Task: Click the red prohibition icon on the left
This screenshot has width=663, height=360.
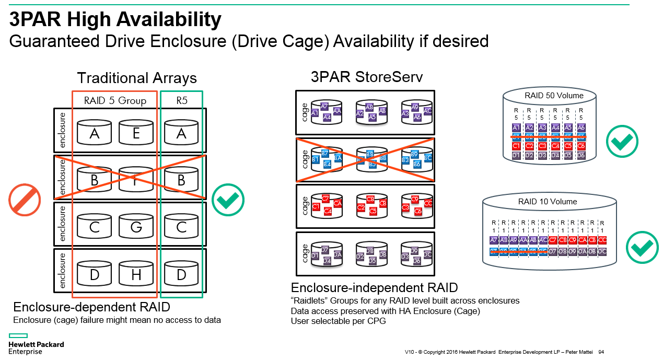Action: [25, 200]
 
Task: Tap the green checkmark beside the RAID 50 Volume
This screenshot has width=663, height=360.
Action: [622, 141]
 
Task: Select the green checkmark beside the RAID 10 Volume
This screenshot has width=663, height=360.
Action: [642, 247]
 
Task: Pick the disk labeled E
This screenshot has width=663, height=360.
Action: [136, 134]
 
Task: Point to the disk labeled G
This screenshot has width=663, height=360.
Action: [136, 227]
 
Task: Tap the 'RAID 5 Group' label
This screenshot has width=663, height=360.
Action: [115, 100]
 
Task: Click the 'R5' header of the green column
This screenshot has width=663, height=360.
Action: [181, 100]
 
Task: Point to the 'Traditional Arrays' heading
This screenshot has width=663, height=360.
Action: [137, 78]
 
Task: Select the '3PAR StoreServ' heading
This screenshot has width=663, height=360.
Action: [366, 77]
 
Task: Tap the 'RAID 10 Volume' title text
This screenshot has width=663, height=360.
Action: [548, 201]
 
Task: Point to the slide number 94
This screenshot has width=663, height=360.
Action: [601, 352]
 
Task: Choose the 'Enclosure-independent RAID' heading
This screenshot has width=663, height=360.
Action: [374, 288]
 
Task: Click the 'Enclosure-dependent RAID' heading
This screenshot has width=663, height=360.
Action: [91, 307]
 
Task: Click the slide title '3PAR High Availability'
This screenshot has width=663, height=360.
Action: [115, 20]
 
